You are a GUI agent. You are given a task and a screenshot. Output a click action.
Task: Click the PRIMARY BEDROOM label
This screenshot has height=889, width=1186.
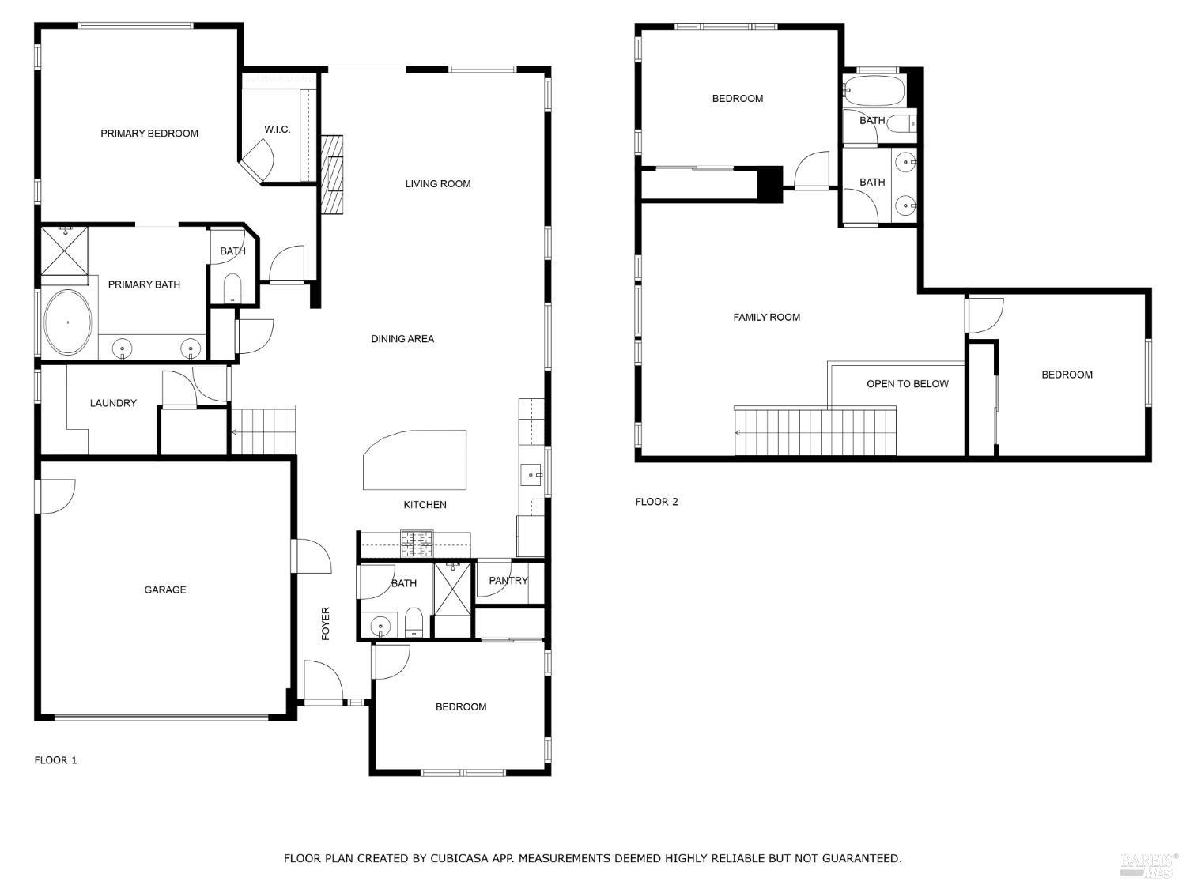point(149,134)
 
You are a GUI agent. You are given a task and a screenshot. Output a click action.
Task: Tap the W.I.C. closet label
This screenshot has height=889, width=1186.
point(278,130)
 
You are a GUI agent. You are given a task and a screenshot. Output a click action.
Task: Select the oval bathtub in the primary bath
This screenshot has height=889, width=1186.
point(68,322)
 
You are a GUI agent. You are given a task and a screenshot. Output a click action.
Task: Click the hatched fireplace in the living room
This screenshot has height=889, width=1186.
point(332,175)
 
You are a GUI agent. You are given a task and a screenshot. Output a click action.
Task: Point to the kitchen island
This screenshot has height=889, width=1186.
point(414,460)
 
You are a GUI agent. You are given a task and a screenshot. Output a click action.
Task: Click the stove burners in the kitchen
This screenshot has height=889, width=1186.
point(416,544)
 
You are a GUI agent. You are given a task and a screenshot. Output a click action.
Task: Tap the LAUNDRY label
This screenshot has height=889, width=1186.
point(113,403)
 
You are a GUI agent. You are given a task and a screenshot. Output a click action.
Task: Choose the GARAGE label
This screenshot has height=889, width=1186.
point(164,590)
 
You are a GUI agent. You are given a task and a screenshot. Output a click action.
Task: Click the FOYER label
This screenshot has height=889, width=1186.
point(325,623)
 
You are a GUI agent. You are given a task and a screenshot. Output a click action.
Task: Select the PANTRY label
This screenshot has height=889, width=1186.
point(508,581)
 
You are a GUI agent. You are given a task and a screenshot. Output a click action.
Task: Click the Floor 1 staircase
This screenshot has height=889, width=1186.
point(263,430)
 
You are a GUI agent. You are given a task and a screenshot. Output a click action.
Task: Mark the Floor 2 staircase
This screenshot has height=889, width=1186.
point(815,432)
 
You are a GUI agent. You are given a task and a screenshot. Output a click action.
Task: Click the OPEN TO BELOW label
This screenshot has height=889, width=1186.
point(907,384)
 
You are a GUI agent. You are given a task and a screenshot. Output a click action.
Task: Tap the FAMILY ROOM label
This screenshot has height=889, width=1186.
point(766,318)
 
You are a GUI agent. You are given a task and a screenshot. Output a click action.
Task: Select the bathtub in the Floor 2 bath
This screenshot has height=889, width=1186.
point(874,91)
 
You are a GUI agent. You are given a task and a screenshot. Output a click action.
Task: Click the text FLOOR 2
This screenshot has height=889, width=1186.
point(656,502)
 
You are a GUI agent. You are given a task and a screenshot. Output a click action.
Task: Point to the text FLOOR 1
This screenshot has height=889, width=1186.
point(55,760)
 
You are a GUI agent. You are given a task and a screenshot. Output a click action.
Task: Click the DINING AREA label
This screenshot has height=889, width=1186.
point(402,339)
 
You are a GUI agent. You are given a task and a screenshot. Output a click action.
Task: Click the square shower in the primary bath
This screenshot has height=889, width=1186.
point(64,251)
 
